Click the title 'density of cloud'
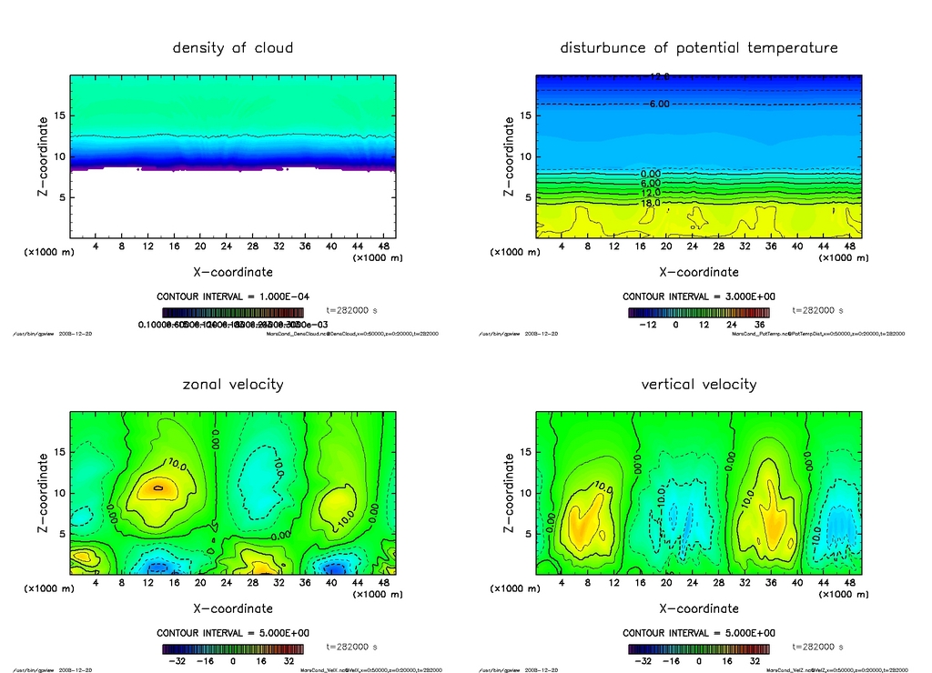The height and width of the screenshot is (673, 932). tap(233, 47)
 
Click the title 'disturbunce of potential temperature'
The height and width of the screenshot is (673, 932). tap(698, 47)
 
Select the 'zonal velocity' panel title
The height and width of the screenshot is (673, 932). tap(233, 384)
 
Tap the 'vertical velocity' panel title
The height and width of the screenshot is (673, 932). tap(698, 384)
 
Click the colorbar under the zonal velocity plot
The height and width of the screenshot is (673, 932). tap(233, 649)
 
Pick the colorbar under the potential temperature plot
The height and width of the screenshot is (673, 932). tap(698, 312)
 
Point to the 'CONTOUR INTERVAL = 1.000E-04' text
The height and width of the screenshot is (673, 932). tap(233, 296)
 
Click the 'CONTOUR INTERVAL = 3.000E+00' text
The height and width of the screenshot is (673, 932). tap(698, 296)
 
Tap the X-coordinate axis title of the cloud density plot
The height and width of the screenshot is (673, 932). tap(232, 271)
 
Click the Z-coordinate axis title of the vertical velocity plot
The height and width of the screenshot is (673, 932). tap(509, 492)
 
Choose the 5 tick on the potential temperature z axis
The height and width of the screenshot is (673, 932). tap(525, 197)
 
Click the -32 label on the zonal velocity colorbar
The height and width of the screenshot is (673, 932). tap(177, 661)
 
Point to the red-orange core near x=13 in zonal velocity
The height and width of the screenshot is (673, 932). tap(158, 487)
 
